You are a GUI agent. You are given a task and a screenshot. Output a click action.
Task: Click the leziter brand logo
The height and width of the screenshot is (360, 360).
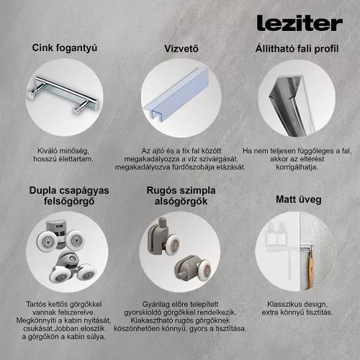click(300, 23)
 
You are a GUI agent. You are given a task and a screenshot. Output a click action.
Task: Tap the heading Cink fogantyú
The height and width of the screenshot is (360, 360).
click(65, 48)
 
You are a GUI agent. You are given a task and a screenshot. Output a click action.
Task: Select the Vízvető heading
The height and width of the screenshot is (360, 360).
click(181, 48)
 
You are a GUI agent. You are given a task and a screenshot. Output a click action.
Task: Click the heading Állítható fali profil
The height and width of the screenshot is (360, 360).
click(297, 48)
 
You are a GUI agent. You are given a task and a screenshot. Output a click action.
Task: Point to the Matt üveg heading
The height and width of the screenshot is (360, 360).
click(299, 199)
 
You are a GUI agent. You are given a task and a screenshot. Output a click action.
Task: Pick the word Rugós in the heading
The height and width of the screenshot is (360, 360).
click(158, 191)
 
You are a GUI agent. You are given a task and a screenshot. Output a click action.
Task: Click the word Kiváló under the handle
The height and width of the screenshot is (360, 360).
click(48, 151)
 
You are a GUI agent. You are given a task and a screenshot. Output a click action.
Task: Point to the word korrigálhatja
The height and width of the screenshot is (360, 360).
click(297, 167)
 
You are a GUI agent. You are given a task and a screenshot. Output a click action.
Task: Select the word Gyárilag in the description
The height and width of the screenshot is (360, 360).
click(153, 305)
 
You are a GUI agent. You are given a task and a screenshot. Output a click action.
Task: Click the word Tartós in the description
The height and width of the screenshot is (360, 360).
click(36, 305)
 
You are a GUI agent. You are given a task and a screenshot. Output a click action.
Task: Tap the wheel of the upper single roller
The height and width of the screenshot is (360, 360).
click(173, 243)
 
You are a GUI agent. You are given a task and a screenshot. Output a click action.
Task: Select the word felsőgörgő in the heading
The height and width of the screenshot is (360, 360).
click(69, 201)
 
